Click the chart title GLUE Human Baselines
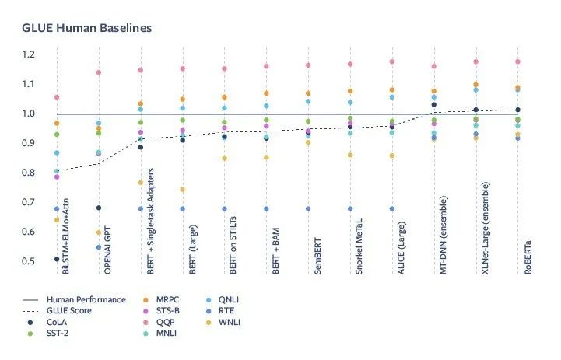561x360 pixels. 86,27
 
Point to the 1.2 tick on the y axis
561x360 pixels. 29,54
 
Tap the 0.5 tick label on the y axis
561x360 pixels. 29,261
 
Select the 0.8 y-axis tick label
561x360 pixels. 29,173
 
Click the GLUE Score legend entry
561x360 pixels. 71,310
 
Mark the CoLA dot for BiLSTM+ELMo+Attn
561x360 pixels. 57,259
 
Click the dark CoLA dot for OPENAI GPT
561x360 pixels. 99,208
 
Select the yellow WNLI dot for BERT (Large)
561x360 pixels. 183,190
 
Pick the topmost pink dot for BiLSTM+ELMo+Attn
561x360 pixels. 57,97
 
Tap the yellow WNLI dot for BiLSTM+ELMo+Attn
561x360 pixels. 57,220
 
